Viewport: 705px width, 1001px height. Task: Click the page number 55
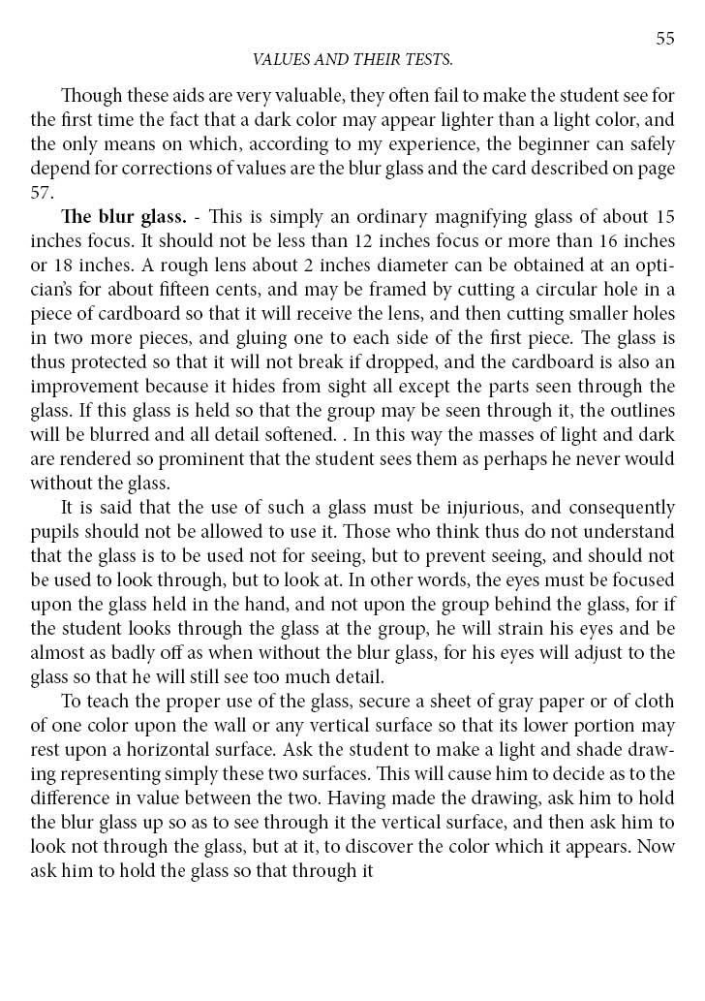click(x=664, y=38)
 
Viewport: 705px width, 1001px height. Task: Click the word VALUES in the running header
click(x=277, y=60)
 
